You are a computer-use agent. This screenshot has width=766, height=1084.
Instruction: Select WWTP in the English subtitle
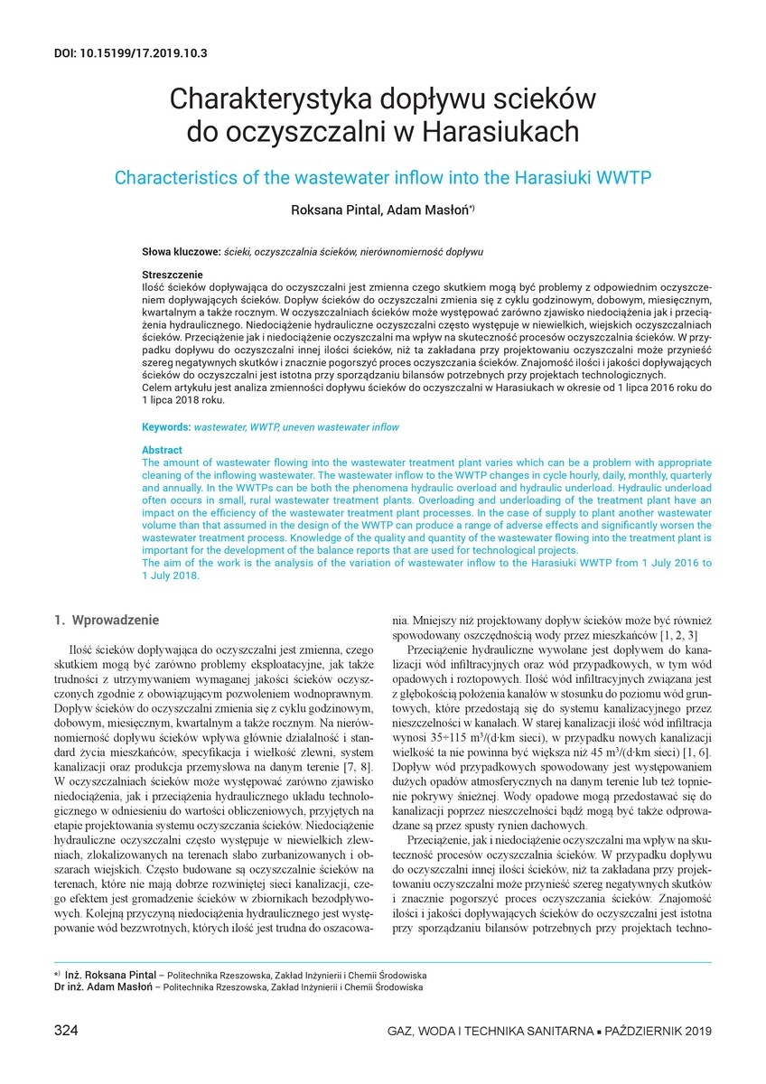[624, 176]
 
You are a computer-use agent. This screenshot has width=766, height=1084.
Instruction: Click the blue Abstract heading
[162, 450]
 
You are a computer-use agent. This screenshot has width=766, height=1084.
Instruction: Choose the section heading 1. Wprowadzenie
[107, 621]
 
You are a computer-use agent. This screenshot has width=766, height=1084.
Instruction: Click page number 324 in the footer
[69, 1031]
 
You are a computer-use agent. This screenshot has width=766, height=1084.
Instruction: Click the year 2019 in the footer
[696, 1032]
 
